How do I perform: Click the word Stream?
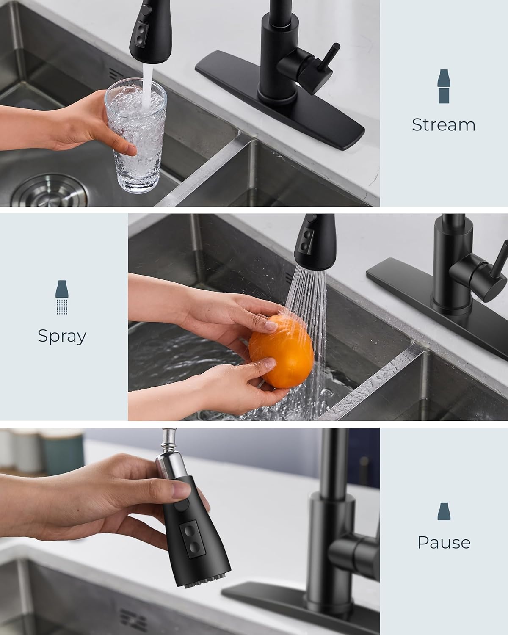[x=443, y=124]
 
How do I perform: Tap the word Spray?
[x=62, y=336]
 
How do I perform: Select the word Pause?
[x=444, y=542]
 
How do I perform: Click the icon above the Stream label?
[x=443, y=86]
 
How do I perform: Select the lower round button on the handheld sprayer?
[x=193, y=548]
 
